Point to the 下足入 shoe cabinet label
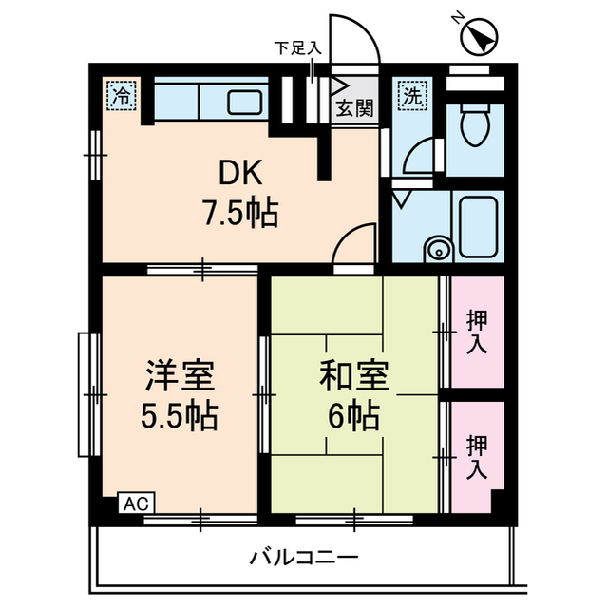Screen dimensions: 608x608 click(x=297, y=47)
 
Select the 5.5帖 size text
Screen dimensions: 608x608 click(x=179, y=416)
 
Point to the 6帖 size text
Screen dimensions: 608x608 click(x=354, y=416)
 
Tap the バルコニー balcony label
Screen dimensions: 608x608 click(x=304, y=556)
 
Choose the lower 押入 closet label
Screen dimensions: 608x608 click(x=477, y=457)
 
